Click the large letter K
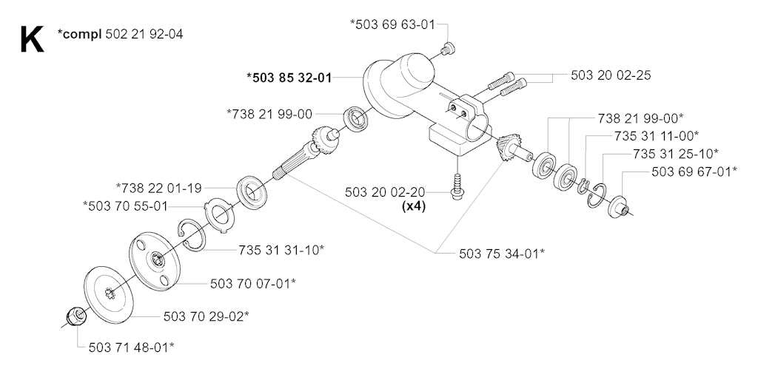[32, 39]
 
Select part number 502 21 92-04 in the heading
[144, 34]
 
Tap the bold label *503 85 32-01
[289, 78]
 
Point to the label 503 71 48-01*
[132, 347]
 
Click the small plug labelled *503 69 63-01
[449, 47]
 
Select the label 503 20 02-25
[611, 76]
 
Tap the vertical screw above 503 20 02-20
[456, 184]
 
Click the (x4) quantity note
[413, 208]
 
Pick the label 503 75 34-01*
[502, 253]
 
